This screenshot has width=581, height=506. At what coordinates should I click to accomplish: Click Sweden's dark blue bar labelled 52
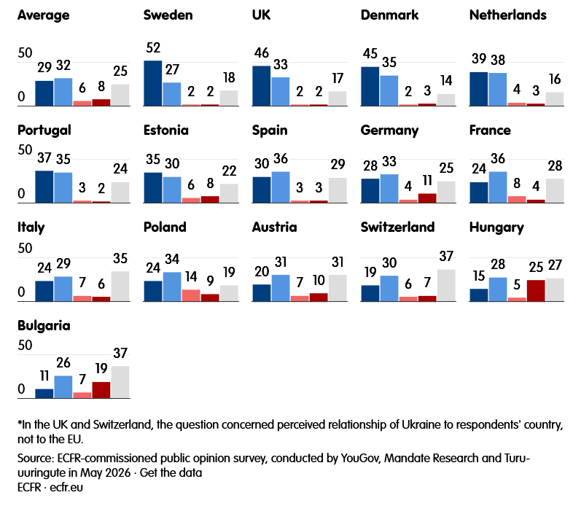click(152, 83)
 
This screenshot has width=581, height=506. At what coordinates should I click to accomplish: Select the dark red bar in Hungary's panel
click(536, 291)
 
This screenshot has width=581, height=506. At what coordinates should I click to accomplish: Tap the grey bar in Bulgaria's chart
click(120, 382)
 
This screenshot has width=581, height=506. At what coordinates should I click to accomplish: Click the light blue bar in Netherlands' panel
click(498, 90)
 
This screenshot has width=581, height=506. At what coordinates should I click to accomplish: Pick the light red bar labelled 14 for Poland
click(191, 295)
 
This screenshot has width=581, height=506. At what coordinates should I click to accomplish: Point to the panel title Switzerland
click(397, 227)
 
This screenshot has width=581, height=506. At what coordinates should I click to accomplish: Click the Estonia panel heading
click(166, 130)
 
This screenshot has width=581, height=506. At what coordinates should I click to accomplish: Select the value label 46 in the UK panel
click(262, 53)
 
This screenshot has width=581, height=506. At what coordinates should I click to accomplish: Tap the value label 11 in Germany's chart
click(427, 181)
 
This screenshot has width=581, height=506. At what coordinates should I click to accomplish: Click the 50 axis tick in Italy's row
click(25, 248)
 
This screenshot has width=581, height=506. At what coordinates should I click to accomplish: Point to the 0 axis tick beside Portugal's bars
click(21, 193)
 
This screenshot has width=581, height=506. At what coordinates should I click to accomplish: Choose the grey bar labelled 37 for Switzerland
click(446, 285)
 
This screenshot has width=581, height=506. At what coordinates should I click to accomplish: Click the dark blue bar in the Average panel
click(44, 93)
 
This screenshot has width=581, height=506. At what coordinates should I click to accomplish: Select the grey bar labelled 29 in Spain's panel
click(338, 190)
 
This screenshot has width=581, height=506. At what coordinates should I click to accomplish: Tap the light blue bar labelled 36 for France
click(498, 187)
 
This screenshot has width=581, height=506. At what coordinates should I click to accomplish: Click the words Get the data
click(171, 472)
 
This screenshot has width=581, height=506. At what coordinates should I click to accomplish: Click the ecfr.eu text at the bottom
click(66, 487)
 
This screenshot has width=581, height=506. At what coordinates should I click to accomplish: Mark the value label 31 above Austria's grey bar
click(338, 262)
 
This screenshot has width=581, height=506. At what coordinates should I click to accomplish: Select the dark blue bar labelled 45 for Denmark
click(370, 86)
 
